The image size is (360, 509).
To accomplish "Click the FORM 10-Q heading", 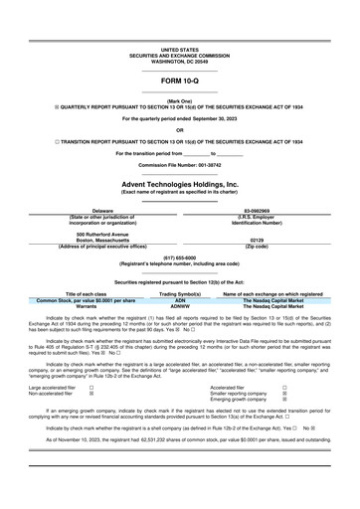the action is point(179,81).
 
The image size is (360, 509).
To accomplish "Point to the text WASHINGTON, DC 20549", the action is point(179,60).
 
